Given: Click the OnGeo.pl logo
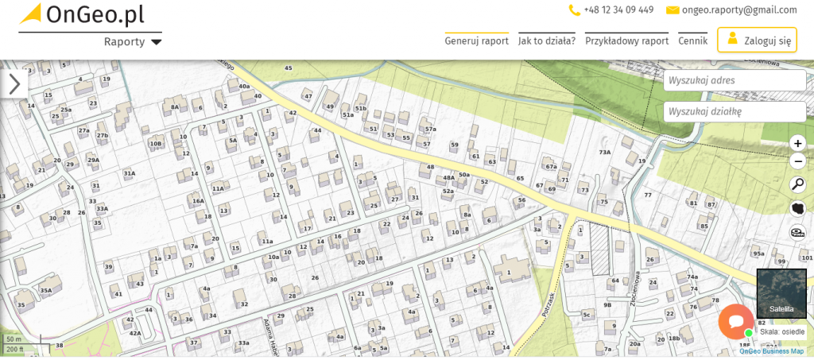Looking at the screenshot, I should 82,15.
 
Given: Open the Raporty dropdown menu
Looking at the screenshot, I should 133,41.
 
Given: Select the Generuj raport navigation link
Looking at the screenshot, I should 476,41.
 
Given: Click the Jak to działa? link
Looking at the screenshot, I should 547,41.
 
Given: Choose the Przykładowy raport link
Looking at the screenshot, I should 626,41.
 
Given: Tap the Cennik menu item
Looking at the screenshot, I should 692,41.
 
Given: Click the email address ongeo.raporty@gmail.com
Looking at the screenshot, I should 738,10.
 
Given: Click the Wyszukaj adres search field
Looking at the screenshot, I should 735,80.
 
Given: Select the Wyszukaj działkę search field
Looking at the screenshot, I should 735,112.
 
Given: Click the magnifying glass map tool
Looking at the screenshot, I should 798,185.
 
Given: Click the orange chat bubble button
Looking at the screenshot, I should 735,322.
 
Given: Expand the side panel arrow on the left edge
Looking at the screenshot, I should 14,84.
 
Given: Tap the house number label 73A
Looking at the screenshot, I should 604,152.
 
